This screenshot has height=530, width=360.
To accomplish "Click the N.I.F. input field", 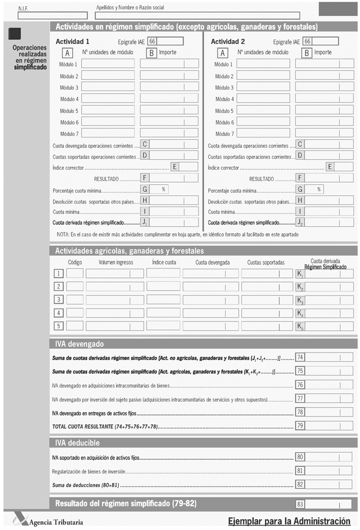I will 45,15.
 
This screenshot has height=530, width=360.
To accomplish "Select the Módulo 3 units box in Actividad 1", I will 108,87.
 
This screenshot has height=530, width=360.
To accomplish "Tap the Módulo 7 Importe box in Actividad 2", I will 324,133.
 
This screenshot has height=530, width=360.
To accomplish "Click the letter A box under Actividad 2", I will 223,52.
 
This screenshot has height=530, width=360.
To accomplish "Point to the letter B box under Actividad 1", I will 151,52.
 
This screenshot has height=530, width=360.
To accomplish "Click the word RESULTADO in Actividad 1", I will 106,178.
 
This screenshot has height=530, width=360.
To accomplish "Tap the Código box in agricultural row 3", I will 75,299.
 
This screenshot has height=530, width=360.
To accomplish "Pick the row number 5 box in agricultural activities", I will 59,326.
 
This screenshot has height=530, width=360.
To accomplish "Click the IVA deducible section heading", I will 77,443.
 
